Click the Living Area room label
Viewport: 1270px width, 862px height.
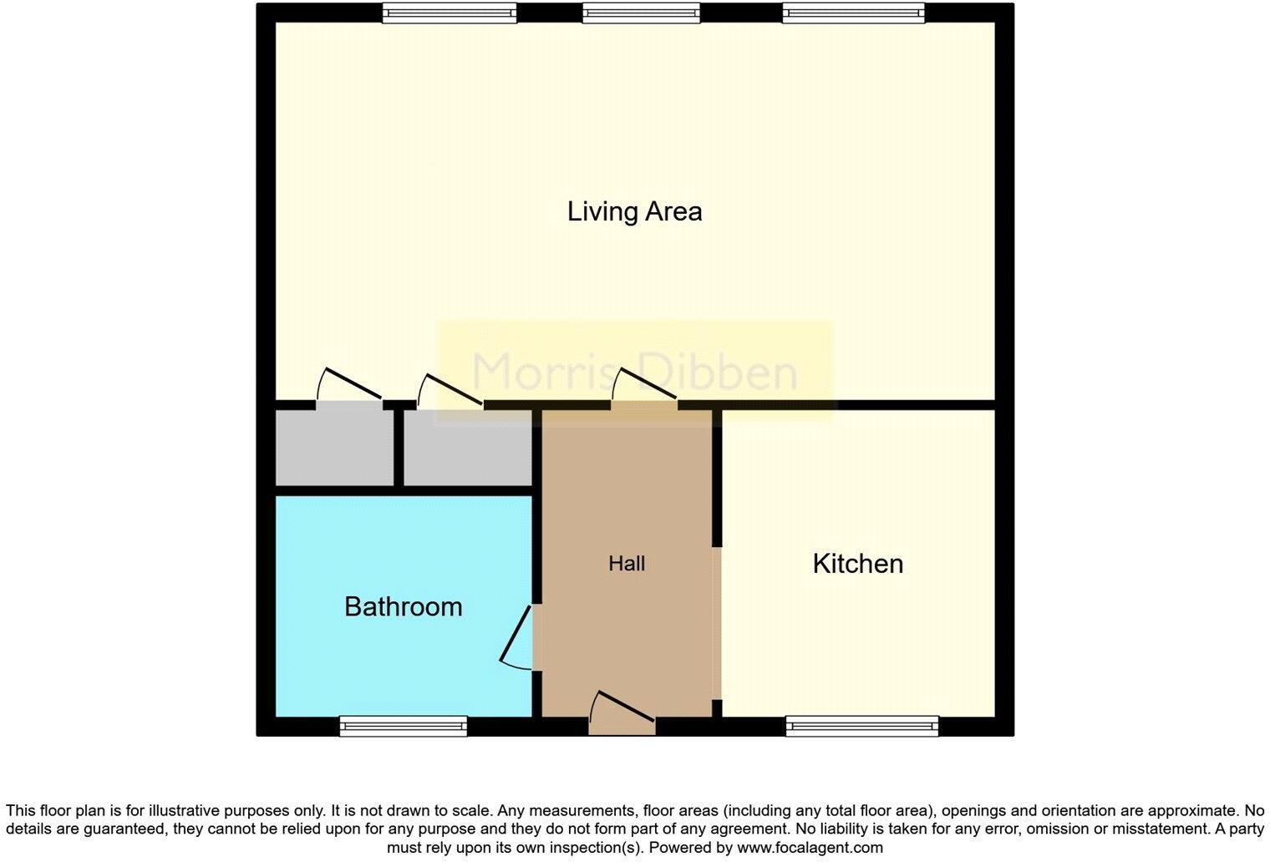coord(634,211)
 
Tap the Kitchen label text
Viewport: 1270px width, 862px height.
coord(857,564)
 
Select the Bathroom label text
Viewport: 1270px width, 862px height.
coord(403,606)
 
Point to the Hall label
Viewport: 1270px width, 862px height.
coord(627,564)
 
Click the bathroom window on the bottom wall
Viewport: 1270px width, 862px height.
coord(403,726)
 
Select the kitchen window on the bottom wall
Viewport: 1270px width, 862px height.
coord(861,726)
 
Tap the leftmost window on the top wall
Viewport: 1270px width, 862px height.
coord(450,13)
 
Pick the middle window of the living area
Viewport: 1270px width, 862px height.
coord(641,13)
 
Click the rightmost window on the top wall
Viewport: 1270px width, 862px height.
coord(853,13)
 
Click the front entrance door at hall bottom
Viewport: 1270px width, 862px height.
coord(622,716)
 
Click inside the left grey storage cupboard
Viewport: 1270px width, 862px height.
coord(334,447)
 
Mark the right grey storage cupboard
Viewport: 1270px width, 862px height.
coord(468,447)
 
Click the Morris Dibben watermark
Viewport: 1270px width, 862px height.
coord(635,372)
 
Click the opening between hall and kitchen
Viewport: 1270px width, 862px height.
coord(717,622)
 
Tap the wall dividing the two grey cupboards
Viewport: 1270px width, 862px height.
coord(399,447)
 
